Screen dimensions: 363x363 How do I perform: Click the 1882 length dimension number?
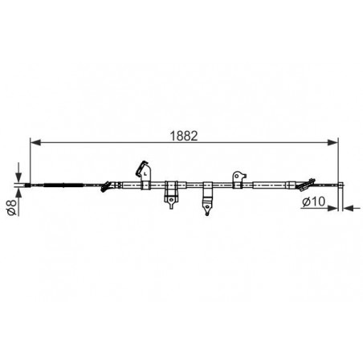184,136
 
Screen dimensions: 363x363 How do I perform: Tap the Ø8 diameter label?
12,207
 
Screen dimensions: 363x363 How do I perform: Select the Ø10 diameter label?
313,202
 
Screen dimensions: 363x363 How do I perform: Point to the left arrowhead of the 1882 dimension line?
35,142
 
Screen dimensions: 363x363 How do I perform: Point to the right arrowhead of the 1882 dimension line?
332,142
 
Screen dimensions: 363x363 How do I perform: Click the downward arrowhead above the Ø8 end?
18,177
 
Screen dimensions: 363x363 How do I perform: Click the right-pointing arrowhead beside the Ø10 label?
332,208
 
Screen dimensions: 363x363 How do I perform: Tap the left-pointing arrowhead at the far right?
348,208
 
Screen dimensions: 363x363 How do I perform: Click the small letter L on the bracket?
145,173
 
